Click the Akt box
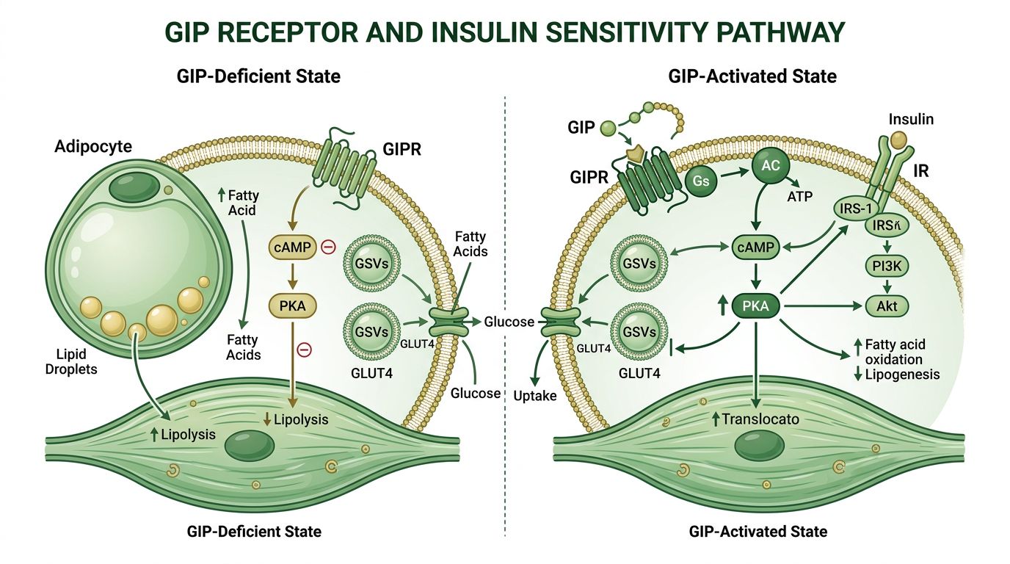click(887, 305)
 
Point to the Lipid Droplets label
click(70, 362)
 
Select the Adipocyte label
click(93, 147)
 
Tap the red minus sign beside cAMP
click(329, 247)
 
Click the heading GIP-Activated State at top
click(752, 76)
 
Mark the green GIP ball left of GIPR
click(608, 129)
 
